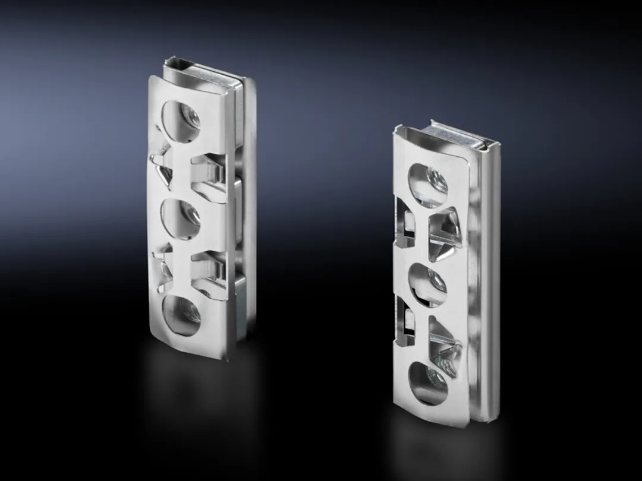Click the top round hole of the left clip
[x=181, y=120]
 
